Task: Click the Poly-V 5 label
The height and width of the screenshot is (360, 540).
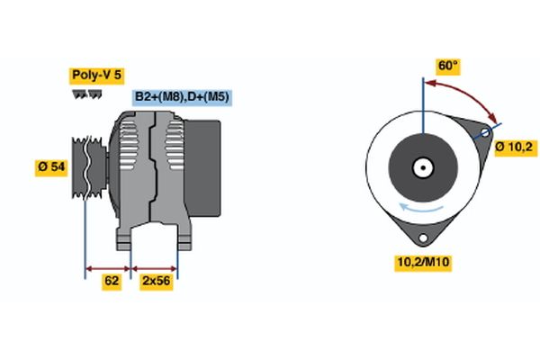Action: click(97, 76)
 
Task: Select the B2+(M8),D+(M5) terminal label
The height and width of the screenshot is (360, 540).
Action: click(182, 97)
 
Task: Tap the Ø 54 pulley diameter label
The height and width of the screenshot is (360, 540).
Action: click(51, 167)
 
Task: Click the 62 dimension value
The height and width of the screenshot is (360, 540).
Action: click(112, 281)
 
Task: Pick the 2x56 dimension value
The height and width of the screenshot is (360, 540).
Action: click(156, 281)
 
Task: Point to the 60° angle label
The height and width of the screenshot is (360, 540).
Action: click(447, 66)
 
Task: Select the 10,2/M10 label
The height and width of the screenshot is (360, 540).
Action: click(423, 262)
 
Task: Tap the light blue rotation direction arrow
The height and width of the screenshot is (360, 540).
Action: click(421, 208)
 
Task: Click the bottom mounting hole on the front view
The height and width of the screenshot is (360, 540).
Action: click(423, 238)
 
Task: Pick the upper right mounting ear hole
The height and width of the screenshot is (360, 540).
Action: click(485, 132)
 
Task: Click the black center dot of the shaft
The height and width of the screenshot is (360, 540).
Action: click(423, 167)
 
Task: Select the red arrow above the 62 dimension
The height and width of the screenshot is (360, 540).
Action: click(108, 269)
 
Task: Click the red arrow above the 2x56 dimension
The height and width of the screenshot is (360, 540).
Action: click(154, 269)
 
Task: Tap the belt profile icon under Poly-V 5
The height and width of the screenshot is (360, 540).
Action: click(87, 94)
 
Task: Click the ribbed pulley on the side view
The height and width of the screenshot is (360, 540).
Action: click(88, 167)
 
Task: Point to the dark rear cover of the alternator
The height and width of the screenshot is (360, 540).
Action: click(202, 168)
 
